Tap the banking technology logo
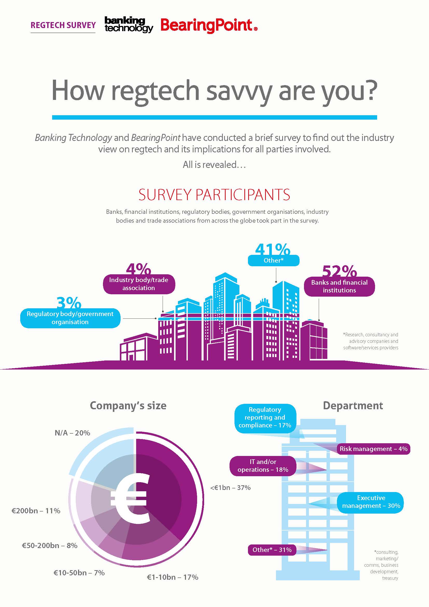[x=129, y=25]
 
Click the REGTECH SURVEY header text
[x=63, y=25]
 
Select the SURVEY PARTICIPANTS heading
[x=214, y=195]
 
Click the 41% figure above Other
[x=273, y=249]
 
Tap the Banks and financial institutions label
[x=339, y=286]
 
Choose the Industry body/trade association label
[x=139, y=284]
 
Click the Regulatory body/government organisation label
[x=70, y=318]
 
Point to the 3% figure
[x=69, y=303]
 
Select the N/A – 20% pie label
[x=72, y=433]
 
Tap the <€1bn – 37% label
[x=230, y=488]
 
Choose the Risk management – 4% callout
[x=373, y=449]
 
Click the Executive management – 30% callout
[x=371, y=502]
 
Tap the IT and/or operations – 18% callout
[x=262, y=466]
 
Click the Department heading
[x=353, y=405]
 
